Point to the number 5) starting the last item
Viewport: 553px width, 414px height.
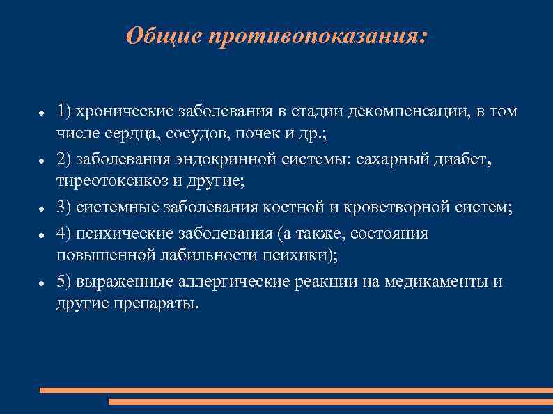pyautogui.click(x=64, y=282)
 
